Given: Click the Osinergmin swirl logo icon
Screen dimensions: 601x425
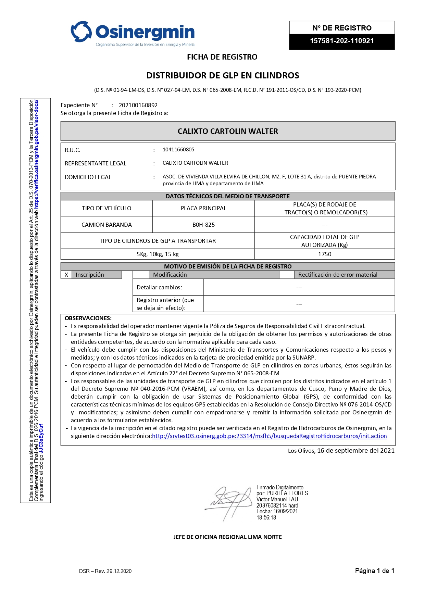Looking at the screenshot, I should click(81, 32).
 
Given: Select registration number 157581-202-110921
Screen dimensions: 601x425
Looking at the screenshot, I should click(341, 41).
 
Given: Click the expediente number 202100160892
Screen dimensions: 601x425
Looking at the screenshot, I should click(138, 105).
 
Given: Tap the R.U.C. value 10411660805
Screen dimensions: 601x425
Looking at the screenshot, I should click(178, 150).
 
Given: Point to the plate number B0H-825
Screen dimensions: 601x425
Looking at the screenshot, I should click(203, 225).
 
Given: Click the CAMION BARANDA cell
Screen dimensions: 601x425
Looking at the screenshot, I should click(107, 225).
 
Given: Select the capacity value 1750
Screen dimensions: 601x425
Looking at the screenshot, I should click(324, 254).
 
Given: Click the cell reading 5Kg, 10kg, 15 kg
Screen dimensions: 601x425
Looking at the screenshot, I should click(158, 254).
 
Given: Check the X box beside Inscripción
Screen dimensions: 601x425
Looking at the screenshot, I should click(66, 275).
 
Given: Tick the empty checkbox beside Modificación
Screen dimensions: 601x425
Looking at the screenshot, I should click(141, 275).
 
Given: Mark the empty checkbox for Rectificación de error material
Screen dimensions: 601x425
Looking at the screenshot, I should click(287, 275).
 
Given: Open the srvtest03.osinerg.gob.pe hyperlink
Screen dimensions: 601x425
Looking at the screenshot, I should click(269, 436).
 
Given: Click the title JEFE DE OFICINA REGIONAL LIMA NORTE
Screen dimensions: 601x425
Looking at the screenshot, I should click(227, 537).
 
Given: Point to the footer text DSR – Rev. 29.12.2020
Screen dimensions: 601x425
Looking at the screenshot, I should click(105, 571).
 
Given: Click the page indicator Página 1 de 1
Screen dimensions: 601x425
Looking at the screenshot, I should click(374, 571).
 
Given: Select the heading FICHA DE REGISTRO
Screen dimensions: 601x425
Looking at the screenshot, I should click(222, 57).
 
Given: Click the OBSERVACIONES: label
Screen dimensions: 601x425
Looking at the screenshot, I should click(88, 318).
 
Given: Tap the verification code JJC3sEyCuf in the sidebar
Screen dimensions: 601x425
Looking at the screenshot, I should click(41, 439).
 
